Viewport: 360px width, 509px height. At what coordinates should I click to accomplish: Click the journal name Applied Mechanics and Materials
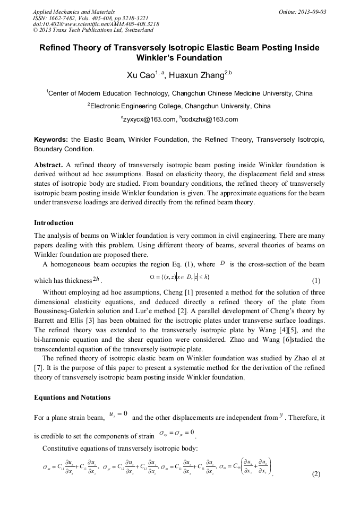74,12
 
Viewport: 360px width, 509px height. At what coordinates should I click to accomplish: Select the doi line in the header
96,24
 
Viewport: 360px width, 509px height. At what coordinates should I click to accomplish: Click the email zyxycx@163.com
148,119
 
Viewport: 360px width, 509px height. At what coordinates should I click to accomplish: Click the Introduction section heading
54,222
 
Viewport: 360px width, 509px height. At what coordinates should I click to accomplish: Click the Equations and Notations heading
72,398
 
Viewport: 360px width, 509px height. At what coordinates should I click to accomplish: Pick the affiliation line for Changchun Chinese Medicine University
180,93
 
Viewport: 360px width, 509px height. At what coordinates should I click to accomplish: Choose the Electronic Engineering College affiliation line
180,106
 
